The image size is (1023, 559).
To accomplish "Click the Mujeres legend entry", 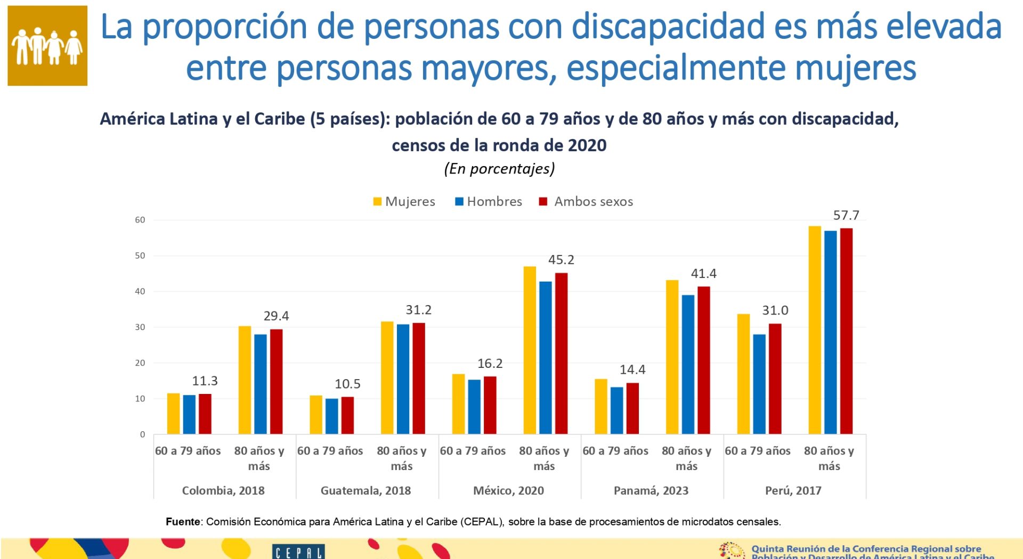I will click(x=404, y=202).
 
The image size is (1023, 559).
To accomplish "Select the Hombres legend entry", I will click(x=489, y=202).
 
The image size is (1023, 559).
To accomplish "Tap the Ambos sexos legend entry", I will click(x=586, y=202).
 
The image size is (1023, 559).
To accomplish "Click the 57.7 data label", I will click(x=846, y=216).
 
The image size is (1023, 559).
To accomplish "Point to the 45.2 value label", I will click(x=561, y=260).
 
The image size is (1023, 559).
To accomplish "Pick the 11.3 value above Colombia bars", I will click(x=205, y=381).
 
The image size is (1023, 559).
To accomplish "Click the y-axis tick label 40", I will click(x=140, y=291).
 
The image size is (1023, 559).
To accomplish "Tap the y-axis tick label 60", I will click(x=140, y=220).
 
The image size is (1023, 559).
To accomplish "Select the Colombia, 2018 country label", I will click(x=223, y=490).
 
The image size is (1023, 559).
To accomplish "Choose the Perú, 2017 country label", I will click(x=793, y=490).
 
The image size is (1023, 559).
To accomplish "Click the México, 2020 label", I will click(x=508, y=490).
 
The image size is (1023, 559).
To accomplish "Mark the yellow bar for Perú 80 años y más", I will click(x=815, y=330).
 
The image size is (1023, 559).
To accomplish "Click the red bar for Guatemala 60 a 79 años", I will click(x=347, y=415).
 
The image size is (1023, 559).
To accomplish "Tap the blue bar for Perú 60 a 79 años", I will click(x=759, y=384).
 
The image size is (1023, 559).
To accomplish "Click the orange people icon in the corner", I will click(x=47, y=46).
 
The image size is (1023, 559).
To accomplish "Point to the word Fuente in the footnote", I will click(x=183, y=522).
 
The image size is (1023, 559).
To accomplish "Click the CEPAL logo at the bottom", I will click(x=298, y=552).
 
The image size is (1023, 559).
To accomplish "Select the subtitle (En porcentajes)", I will click(x=499, y=169).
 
